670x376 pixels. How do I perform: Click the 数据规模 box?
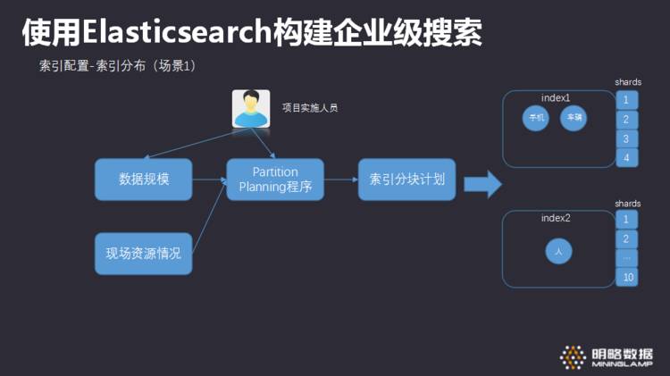pos(144,180)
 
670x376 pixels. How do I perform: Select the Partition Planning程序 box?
pos(274,180)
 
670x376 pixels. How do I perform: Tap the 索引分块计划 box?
pos(406,180)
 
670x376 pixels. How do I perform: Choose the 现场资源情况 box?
pos(144,253)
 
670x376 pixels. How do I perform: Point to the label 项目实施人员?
pos(310,108)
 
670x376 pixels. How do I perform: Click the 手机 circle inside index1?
pos(536,118)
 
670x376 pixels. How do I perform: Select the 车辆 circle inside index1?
pos(573,118)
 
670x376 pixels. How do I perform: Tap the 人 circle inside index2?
pos(558,253)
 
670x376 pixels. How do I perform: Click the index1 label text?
pos(556,97)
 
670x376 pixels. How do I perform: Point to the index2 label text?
pos(556,219)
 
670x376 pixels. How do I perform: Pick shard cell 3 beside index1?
pos(626,138)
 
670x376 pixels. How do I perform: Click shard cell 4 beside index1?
pos(626,158)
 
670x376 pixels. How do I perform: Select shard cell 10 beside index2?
pos(626,277)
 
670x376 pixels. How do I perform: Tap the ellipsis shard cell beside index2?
pos(626,258)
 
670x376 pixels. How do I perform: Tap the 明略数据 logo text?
pos(622,352)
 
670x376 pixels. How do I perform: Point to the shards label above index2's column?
pos(627,204)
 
